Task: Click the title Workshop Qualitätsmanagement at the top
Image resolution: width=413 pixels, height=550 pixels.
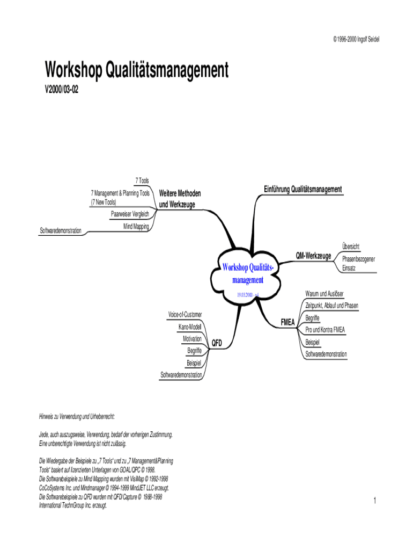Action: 137,70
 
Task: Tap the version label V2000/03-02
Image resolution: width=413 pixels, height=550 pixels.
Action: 62,90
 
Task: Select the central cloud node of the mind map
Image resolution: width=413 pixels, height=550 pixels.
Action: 248,274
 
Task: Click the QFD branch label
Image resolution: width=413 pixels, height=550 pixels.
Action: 217,342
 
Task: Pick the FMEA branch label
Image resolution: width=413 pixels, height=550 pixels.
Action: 289,322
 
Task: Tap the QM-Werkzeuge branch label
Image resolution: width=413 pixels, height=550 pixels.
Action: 313,256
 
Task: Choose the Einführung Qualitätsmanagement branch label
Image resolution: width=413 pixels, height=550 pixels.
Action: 303,190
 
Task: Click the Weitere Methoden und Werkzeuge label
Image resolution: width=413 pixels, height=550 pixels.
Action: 180,199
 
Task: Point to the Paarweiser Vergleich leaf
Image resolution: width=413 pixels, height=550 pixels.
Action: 130,214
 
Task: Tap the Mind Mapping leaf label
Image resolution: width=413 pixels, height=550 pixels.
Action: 136,226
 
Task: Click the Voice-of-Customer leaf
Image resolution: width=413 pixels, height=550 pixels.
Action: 185,314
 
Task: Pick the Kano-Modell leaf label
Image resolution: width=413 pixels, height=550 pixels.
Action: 190,327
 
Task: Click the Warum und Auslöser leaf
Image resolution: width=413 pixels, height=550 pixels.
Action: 324,293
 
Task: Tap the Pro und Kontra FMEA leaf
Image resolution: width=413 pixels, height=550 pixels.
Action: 325,330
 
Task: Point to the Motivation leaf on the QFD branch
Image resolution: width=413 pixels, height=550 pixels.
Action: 192,339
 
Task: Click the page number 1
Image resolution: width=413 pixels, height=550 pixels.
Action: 375,501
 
